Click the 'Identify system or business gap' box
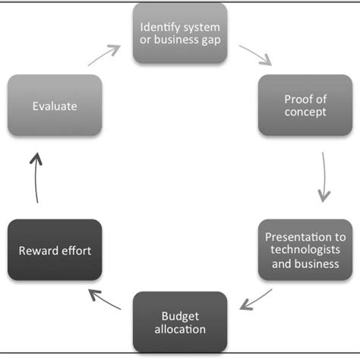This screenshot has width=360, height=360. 180,33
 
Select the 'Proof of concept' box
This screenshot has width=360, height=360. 305,106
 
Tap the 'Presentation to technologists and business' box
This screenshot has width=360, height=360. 305,250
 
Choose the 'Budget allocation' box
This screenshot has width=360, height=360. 181,322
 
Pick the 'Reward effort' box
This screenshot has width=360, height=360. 55,250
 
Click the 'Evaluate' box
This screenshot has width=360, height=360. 55,106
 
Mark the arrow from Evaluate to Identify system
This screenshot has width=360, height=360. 104,55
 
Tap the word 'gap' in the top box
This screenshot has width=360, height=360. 209,40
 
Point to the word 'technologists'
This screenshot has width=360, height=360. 305,250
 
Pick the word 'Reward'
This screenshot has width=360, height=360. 39,251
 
